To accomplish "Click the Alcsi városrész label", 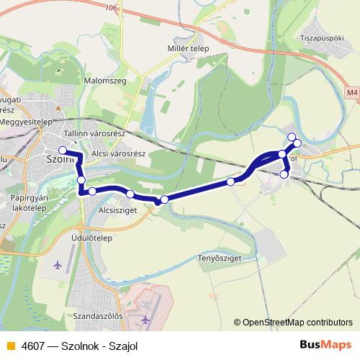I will click(120, 153).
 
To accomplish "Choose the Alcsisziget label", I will click(117, 212).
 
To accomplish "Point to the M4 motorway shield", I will click(351, 92).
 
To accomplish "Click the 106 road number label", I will click(110, 7).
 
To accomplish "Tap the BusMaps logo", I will click(325, 345).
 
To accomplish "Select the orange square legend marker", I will click(10, 346).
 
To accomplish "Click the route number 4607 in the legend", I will click(32, 346).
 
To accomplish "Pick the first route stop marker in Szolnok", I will click(63, 150).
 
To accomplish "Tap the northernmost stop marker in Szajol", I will click(292, 138).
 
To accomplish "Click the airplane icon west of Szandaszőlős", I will click(58, 264).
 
